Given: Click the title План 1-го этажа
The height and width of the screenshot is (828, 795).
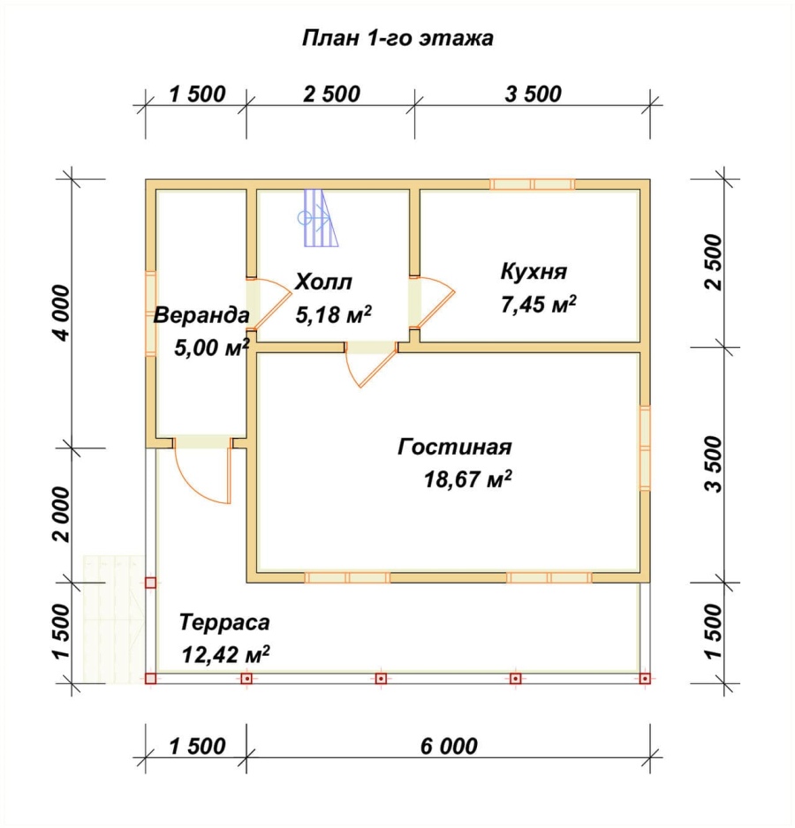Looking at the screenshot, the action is (397, 39).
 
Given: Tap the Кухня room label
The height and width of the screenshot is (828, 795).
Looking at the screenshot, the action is (534, 272).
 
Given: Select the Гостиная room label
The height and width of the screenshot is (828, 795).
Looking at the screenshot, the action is (455, 447).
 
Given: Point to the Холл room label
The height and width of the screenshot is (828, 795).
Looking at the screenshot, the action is (323, 282).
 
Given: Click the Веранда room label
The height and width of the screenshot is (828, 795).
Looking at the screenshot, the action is (201, 316).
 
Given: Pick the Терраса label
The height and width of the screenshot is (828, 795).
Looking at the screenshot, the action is (224, 622).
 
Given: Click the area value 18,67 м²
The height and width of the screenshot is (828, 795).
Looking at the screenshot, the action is (468, 479).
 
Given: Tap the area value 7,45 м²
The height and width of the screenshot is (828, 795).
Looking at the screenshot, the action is (538, 305).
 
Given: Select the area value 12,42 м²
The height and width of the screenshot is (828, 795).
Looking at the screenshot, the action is (226, 655).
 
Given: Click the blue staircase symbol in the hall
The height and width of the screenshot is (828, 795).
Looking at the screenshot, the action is (319, 218).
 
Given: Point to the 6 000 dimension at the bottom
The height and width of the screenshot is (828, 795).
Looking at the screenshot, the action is (450, 746).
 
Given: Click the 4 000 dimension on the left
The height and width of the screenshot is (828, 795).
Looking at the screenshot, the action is (61, 313).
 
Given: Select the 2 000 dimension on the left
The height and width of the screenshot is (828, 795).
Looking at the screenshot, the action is (61, 515).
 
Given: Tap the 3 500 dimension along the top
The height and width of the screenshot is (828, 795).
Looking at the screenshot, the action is (533, 94).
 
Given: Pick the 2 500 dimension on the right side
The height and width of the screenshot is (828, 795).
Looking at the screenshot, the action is (713, 262).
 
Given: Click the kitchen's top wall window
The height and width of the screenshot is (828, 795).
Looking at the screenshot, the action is (533, 184).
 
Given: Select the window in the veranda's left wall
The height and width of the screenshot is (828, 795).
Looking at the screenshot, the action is (151, 313).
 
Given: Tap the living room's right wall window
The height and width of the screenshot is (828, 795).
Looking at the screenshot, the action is (645, 448).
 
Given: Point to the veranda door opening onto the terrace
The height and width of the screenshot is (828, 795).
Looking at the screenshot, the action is (203, 469).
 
